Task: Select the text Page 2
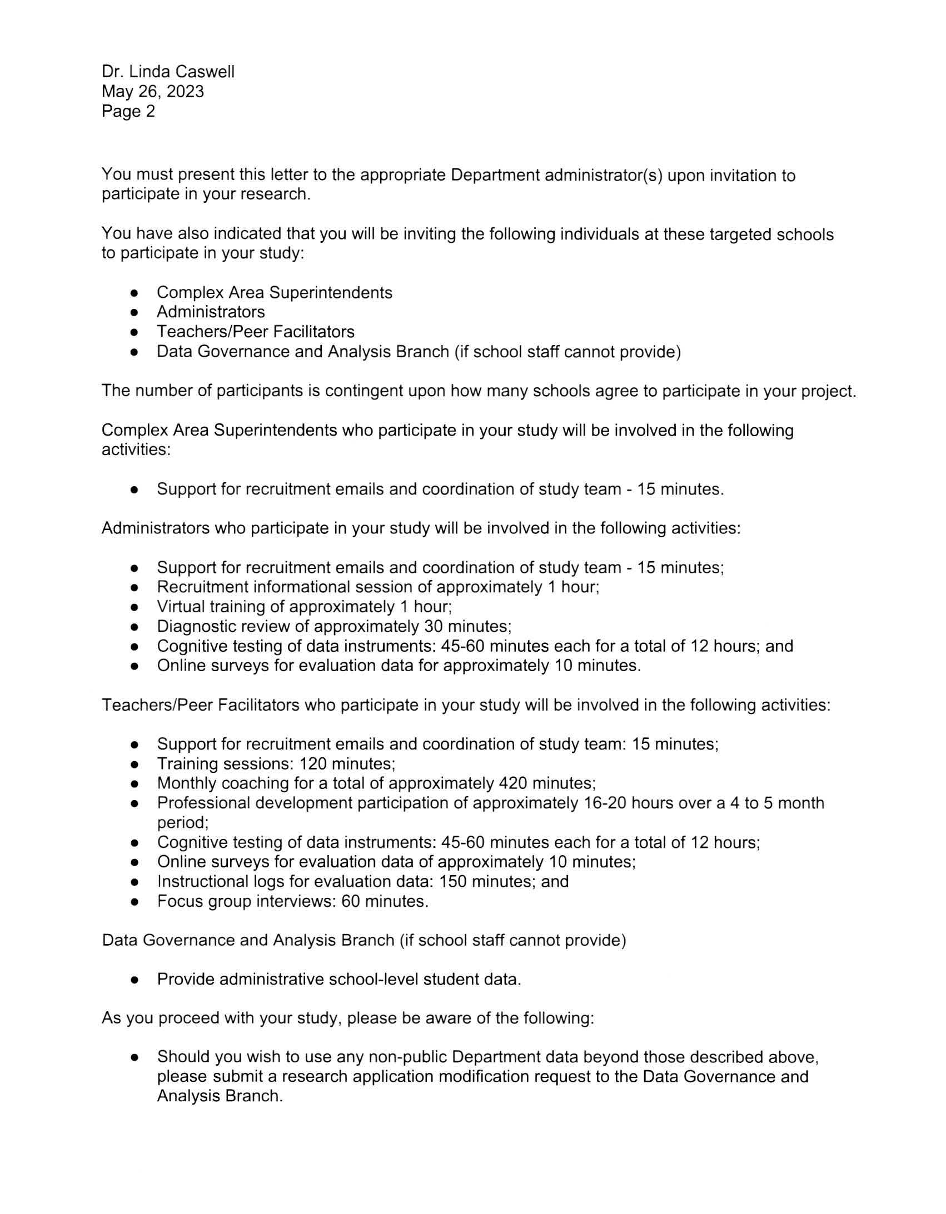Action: [x=128, y=112]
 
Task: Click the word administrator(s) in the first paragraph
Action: [x=603, y=176]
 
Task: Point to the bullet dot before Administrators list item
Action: [x=134, y=312]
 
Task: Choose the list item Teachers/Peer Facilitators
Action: [x=255, y=332]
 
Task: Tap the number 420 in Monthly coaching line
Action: [x=513, y=783]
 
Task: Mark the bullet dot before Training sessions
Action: [x=134, y=765]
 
